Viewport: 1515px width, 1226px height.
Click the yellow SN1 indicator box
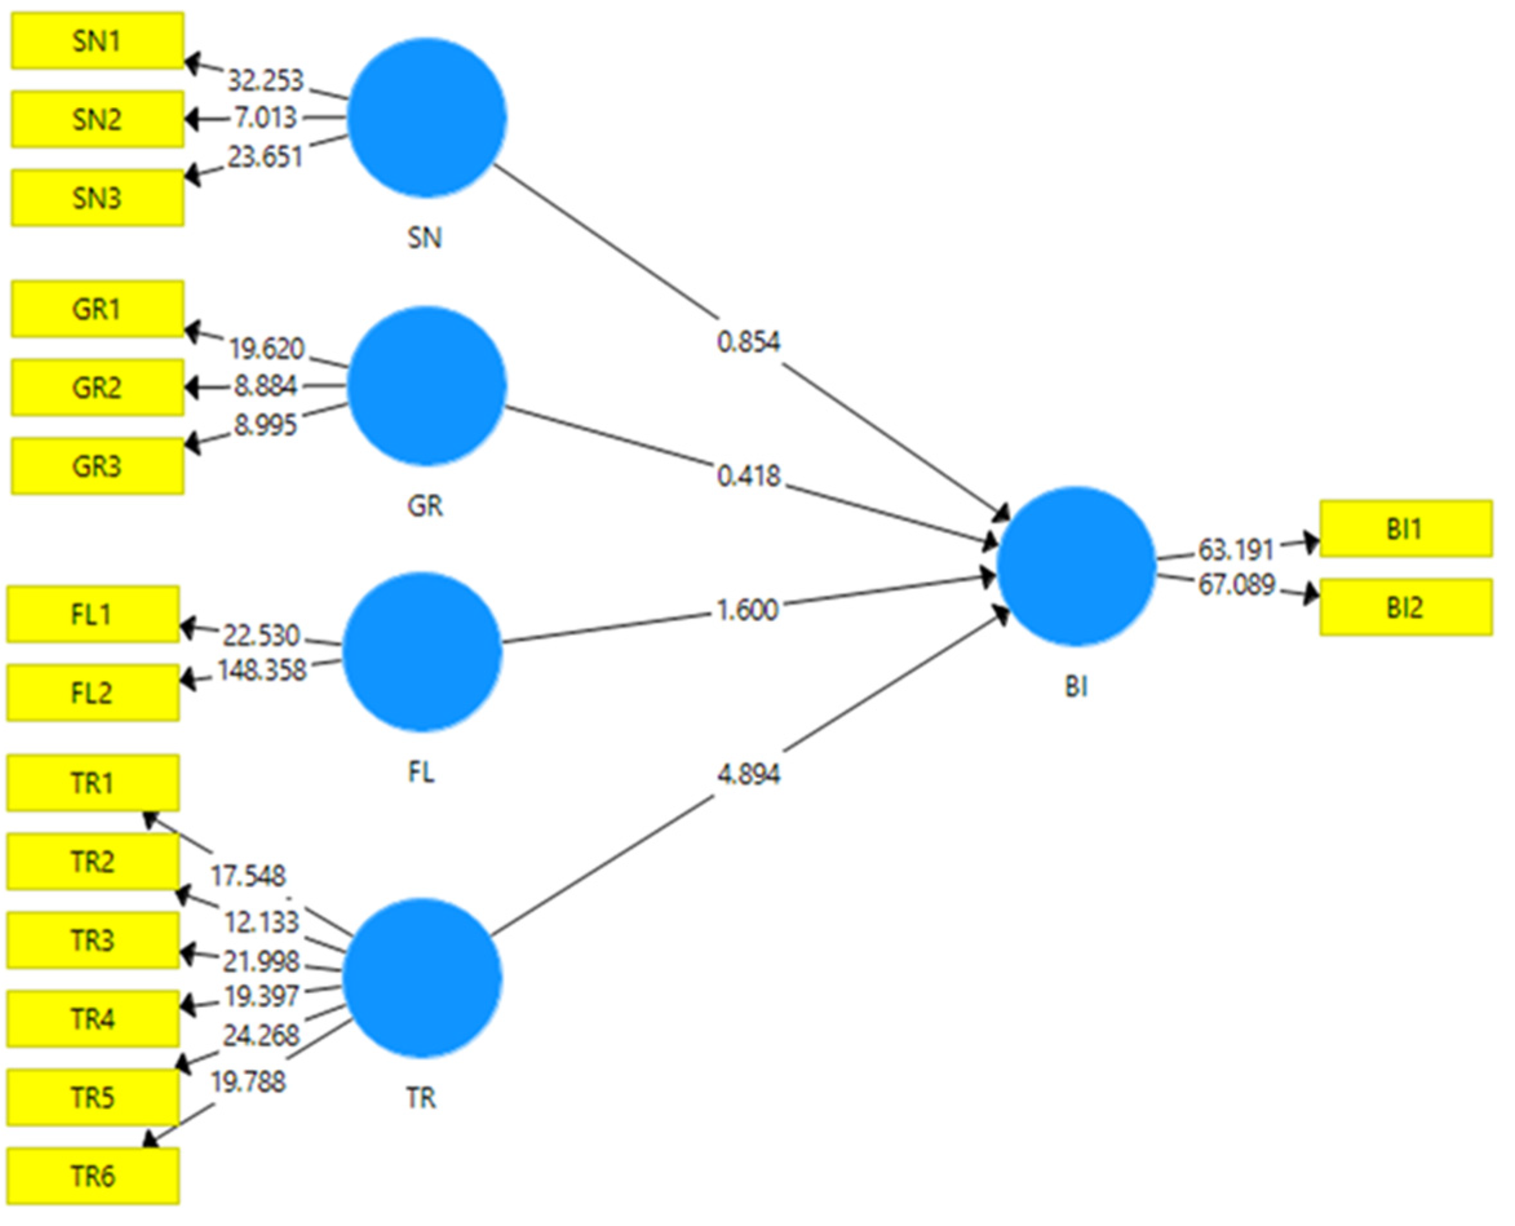point(98,41)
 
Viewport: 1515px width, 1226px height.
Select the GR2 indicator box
point(98,387)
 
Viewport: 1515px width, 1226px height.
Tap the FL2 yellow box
point(93,692)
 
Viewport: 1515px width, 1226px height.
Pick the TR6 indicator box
point(93,1176)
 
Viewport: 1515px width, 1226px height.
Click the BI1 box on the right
point(1405,528)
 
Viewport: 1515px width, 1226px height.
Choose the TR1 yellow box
point(93,782)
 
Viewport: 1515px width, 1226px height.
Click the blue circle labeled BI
point(1076,566)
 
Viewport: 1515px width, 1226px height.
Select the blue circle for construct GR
point(427,385)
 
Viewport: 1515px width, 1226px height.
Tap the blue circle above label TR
point(422,978)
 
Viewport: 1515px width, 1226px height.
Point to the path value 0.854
point(748,343)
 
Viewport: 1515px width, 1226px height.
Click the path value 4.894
point(748,775)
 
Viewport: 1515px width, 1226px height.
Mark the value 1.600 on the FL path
point(747,609)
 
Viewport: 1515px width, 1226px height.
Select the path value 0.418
point(748,476)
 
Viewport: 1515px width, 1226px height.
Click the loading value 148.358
point(262,669)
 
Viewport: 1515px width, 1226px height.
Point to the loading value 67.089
point(1236,585)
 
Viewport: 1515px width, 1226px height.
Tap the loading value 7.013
point(265,118)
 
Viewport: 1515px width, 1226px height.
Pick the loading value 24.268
point(262,1036)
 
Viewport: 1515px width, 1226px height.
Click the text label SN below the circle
point(424,238)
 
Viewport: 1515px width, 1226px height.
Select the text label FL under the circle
point(422,772)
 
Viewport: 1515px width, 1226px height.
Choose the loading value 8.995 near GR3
point(265,425)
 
